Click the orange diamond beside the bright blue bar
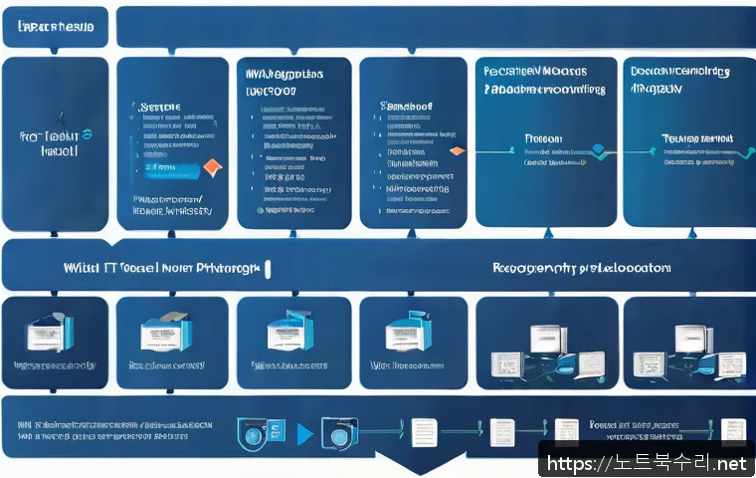coord(212,166)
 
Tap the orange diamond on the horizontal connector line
coord(457,150)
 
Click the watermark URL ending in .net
coord(647,462)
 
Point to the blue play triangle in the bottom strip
coord(304,434)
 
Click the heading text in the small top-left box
coord(56,27)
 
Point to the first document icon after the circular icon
coord(423,433)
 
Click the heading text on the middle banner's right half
coord(581,268)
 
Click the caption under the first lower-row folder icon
coord(54,365)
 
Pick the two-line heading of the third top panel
coord(283,82)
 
